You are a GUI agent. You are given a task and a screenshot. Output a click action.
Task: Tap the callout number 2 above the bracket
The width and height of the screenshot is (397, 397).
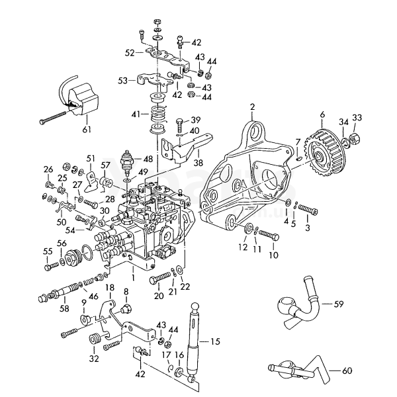252,106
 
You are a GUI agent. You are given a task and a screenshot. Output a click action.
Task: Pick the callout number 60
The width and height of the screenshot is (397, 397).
347,371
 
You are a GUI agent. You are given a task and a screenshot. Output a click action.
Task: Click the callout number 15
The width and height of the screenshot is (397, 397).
214,341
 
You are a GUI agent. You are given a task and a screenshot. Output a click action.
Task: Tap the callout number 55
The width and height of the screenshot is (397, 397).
47,251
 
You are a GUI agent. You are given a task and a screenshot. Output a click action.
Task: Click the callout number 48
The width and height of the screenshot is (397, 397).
147,159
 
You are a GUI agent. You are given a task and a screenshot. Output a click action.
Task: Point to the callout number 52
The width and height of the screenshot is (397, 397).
130,52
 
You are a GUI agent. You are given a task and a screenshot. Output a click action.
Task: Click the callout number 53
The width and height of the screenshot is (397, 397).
122,81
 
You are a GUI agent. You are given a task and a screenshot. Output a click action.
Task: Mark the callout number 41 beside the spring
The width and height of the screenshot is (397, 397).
136,114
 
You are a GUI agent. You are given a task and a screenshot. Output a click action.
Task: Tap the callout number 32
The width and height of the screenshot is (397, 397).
93,359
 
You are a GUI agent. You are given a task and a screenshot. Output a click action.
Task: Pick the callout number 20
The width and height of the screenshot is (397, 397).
156,296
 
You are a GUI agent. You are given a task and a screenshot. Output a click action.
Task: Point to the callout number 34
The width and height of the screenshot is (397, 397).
343,121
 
